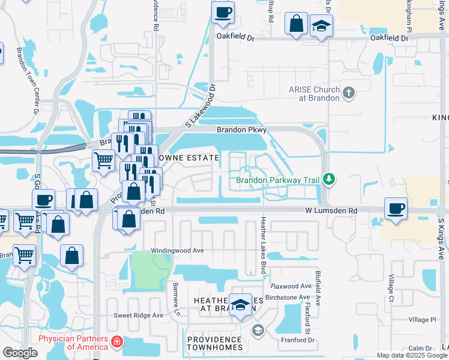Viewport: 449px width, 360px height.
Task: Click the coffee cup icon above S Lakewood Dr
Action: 223,13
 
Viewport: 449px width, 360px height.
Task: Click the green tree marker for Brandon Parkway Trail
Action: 328,179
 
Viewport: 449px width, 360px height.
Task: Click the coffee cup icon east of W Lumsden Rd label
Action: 396,209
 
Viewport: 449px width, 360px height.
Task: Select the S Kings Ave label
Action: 441,238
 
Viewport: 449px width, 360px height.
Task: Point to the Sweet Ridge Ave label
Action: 139,315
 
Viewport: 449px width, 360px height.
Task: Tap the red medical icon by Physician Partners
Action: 117,342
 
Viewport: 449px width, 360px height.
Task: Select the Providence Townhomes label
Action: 214,343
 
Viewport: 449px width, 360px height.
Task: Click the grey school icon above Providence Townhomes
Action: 258,330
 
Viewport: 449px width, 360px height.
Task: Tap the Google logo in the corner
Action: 20,353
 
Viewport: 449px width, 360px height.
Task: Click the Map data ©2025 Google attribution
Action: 412,355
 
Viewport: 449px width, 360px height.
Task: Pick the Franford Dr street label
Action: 298,340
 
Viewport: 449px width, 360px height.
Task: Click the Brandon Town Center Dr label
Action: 28,81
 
